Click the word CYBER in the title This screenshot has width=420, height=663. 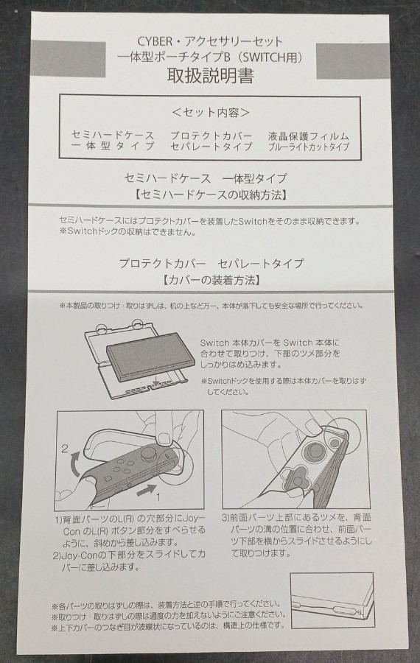point(155,41)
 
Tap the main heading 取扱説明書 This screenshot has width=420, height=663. point(210,76)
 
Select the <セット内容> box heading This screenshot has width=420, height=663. point(210,112)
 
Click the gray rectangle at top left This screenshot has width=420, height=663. point(69,59)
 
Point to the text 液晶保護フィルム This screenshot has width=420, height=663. point(308,136)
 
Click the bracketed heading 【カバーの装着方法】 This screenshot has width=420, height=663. point(211,280)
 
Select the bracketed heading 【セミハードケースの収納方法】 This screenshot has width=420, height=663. point(211,195)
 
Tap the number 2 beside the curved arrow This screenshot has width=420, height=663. point(65,449)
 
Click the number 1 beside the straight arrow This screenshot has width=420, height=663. point(159,497)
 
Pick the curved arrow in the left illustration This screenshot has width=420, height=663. point(73,465)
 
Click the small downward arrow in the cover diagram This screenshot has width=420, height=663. point(158,382)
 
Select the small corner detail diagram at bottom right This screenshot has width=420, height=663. point(332,600)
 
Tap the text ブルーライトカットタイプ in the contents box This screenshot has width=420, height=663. point(308,147)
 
